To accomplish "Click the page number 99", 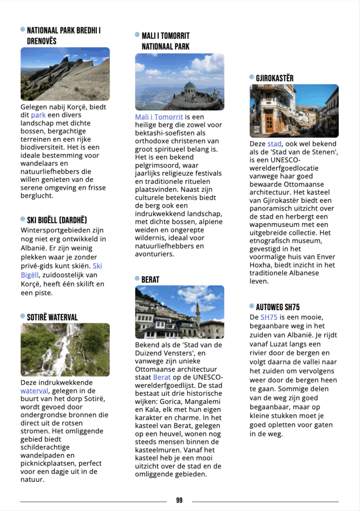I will [x=179, y=501].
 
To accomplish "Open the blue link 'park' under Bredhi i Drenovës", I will [x=38, y=115].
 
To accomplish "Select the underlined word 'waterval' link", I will [x=34, y=391].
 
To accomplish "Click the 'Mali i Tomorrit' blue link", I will [x=159, y=117].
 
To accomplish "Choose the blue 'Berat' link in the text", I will [x=162, y=377].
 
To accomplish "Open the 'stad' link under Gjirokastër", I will [x=275, y=144].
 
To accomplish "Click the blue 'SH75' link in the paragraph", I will [x=269, y=317].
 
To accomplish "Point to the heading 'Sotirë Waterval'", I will [x=52, y=317].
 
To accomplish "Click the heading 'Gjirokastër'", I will [x=275, y=78].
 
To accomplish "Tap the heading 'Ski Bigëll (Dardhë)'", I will [x=57, y=220].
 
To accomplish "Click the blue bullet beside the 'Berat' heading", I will [x=137, y=278].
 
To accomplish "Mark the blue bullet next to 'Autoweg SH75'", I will [x=252, y=306].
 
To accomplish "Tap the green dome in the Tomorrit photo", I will [x=190, y=85].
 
